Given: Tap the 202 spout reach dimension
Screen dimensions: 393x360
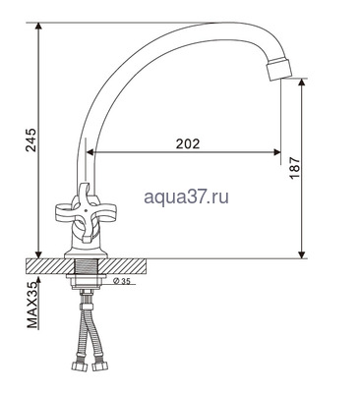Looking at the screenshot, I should click(x=187, y=143).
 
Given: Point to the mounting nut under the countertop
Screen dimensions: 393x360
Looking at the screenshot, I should click(x=88, y=288).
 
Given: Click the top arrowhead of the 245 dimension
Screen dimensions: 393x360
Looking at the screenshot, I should click(x=37, y=28).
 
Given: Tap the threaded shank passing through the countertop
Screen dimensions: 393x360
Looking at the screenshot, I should click(x=88, y=267).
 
